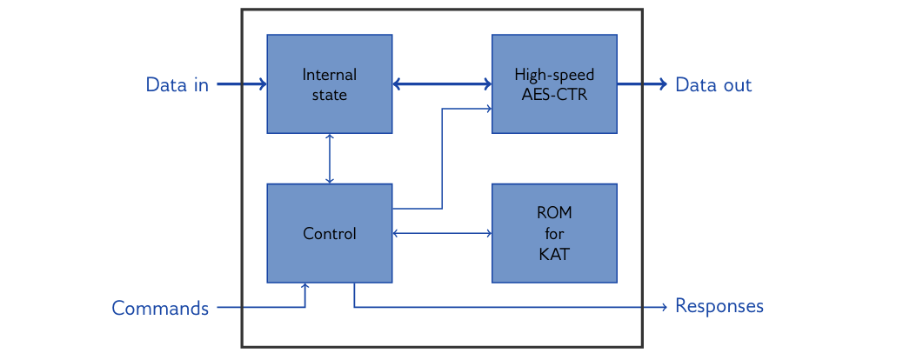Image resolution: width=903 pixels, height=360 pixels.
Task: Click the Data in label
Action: point(177,85)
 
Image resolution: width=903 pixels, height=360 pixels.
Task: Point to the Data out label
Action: point(713,85)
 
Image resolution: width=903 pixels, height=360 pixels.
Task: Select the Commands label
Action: point(160,308)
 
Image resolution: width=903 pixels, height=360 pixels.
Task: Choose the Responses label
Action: point(719,306)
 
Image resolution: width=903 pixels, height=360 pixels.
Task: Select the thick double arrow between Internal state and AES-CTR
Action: point(442,84)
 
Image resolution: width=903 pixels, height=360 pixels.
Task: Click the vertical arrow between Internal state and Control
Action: point(330,158)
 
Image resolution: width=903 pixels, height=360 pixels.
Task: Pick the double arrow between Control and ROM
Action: point(442,233)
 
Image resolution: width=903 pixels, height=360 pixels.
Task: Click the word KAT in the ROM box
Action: point(554,255)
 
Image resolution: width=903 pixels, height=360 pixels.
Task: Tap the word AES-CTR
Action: point(554,96)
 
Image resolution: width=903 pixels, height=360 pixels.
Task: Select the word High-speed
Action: point(554,75)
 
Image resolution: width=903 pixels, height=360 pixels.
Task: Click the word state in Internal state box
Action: point(330,96)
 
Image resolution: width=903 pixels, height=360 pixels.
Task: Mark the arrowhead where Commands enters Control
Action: point(305,286)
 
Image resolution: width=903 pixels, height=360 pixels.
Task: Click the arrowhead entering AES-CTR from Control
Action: point(489,109)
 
